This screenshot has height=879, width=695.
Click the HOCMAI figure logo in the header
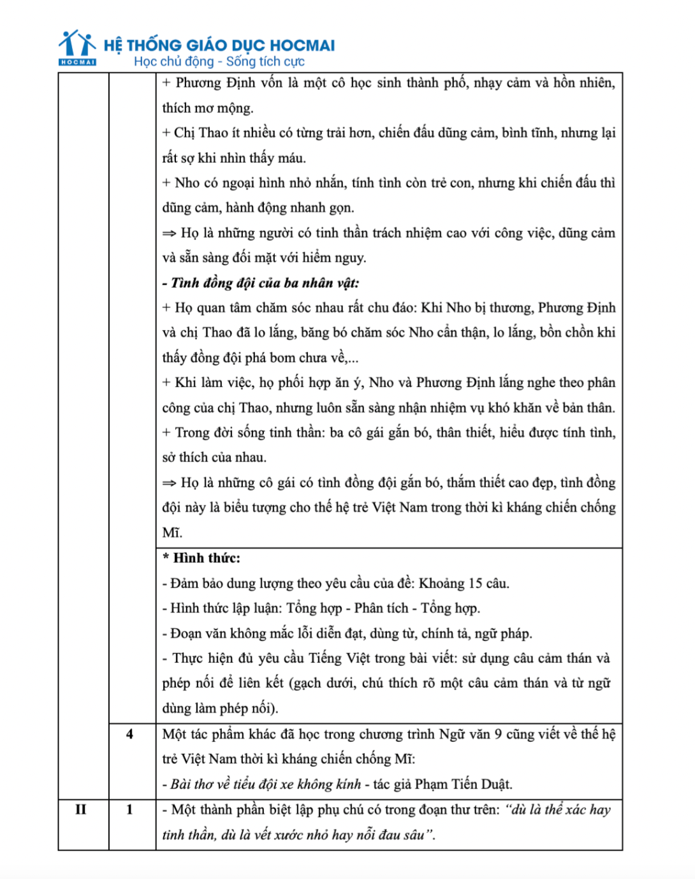77,46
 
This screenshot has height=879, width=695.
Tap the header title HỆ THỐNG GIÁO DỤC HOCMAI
219,45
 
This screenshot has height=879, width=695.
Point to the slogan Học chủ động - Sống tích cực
219,62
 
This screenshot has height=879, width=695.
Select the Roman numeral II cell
81,809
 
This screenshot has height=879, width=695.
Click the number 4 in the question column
130,734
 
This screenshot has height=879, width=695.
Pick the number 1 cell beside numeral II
130,809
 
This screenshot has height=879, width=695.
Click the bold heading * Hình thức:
201,558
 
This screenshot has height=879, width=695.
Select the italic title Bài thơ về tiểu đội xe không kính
266,784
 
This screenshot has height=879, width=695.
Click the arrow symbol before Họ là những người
169,233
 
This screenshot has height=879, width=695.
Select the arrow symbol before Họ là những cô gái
169,483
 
